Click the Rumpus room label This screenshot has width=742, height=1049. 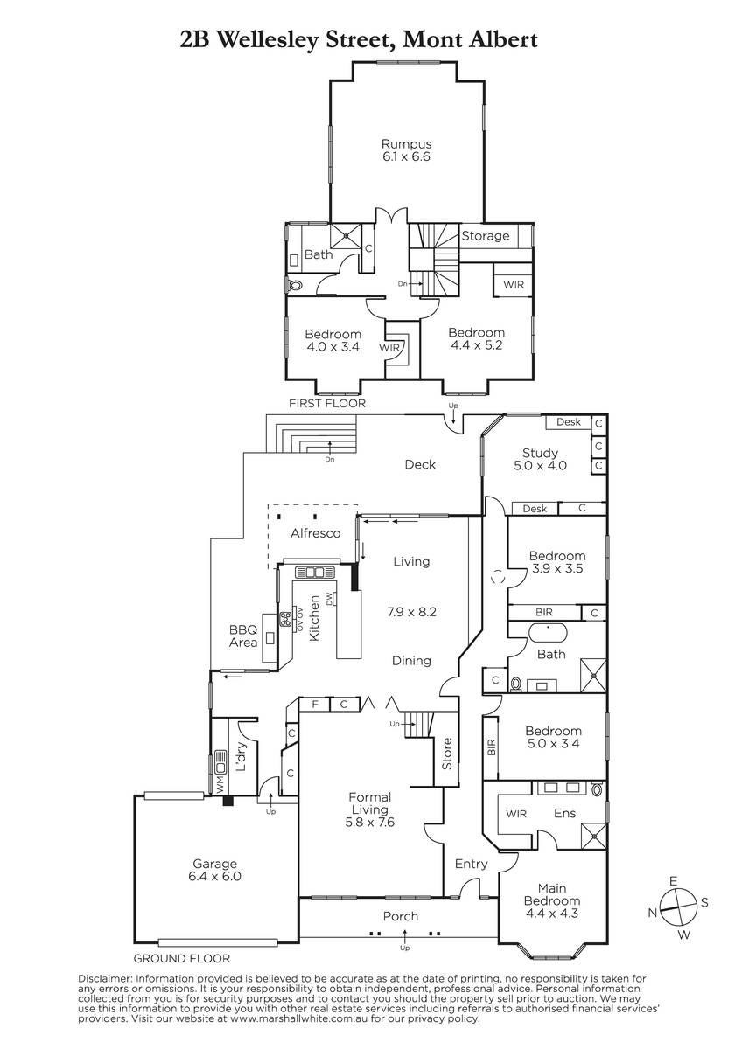[406, 149]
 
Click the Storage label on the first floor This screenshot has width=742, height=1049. [485, 235]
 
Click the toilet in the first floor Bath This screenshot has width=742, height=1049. [295, 285]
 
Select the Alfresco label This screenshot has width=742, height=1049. [315, 533]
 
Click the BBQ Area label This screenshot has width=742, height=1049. [242, 636]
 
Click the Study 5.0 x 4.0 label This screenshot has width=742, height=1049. [540, 459]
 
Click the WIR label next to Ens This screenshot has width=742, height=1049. [516, 814]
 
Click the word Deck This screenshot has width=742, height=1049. [420, 464]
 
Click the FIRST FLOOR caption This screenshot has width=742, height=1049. [326, 403]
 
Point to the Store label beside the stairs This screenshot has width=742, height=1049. [447, 754]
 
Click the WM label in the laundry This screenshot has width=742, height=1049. [220, 782]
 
